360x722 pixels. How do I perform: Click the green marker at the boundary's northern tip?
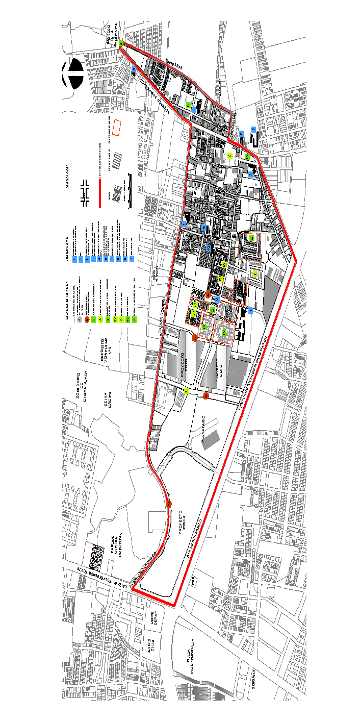pos(121,44)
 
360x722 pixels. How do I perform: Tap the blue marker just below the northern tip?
pos(134,69)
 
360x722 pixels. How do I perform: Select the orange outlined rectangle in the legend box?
pos(117,128)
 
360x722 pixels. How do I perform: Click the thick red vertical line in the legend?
pos(100,193)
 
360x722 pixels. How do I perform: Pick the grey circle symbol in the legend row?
pos(80,320)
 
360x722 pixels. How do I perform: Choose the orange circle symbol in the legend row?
pos(87,320)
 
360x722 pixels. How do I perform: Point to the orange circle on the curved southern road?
pos(169,504)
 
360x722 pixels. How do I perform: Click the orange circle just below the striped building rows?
pos(206,396)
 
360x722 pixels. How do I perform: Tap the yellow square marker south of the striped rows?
pos(186,391)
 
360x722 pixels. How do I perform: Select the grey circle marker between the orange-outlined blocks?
pos(217,319)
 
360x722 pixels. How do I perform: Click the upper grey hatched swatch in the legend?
pos(117,160)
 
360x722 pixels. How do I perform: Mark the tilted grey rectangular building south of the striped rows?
pos(211,440)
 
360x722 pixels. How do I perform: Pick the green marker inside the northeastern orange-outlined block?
pos(252,238)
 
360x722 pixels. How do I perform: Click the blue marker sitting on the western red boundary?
pos(184,223)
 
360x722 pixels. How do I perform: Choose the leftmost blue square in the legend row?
pos(74,259)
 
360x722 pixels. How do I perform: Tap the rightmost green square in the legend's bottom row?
pos(134,320)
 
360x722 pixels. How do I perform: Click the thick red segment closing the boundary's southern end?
pos(153,597)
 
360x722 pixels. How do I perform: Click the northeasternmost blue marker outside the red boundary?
pos(253,130)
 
